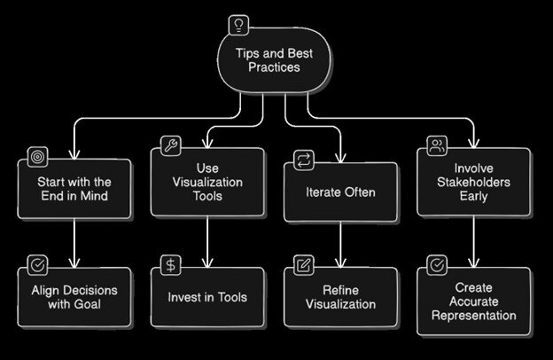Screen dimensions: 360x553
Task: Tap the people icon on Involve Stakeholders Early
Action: point(436,144)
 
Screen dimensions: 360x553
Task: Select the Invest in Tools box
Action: point(206,297)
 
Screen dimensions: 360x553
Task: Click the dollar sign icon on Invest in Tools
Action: point(169,263)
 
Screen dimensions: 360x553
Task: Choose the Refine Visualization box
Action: point(339,298)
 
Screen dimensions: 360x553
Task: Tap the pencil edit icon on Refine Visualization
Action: point(302,264)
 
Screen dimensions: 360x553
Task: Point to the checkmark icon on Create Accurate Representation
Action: point(436,263)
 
